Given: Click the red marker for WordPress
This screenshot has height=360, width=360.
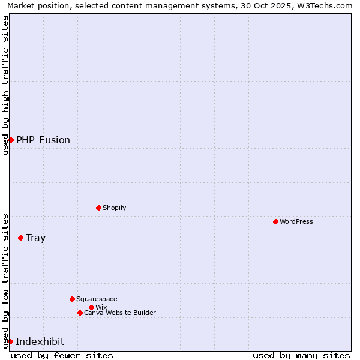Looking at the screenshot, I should [275, 221].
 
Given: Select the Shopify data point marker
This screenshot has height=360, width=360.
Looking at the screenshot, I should [98, 208].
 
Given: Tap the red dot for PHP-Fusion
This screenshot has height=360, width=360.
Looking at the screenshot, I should [11, 140].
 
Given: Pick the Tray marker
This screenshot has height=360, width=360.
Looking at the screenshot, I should [20, 238].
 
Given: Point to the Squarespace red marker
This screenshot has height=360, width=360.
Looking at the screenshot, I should [72, 299].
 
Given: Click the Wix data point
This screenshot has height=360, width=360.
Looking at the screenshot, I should [91, 307].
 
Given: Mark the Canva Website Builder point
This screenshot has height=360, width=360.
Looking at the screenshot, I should [80, 313].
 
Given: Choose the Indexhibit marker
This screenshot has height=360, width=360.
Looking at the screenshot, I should [10, 341].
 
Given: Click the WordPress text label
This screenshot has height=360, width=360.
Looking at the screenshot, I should [296, 221].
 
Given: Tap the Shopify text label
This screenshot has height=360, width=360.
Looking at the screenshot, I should [115, 208].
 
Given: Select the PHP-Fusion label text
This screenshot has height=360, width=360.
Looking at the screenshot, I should [43, 140].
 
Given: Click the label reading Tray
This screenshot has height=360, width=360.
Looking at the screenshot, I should [36, 238].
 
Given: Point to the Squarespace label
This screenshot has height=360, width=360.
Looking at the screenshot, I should [97, 299].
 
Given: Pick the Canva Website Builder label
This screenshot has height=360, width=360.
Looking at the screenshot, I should [120, 313].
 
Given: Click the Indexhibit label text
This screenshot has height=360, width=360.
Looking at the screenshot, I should [40, 341].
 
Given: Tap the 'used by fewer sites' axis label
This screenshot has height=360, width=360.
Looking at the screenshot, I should [62, 355].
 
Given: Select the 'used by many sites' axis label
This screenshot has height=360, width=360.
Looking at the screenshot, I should [301, 355].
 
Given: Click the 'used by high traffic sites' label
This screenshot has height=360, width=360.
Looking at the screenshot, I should [5, 85].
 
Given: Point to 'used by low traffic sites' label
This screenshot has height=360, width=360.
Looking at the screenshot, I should [5, 280].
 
